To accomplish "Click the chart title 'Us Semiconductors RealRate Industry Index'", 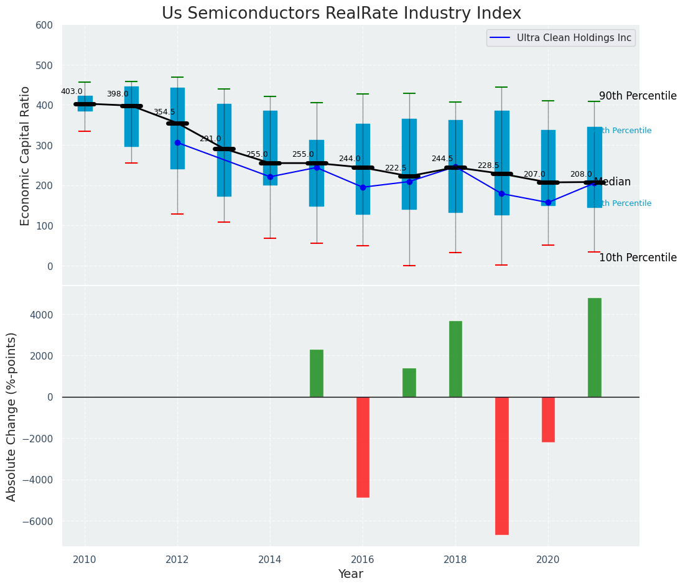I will [341, 14].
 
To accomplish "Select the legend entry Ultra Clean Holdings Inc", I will [574, 38].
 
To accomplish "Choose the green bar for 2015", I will [317, 373].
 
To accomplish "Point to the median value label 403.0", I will [72, 91].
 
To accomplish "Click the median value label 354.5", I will [164, 112].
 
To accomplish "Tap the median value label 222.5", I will [396, 168].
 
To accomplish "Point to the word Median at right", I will [612, 182].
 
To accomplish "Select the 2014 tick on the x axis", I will [270, 559].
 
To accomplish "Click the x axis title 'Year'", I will [350, 574].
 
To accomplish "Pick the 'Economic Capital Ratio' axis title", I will [26, 156].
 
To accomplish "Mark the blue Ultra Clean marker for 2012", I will [177, 142].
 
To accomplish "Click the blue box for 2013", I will [224, 149].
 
